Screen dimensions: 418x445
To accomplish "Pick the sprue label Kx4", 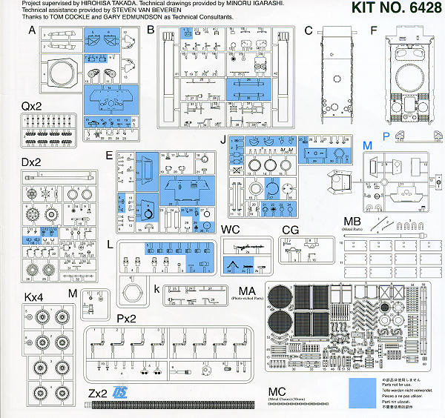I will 33,296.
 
